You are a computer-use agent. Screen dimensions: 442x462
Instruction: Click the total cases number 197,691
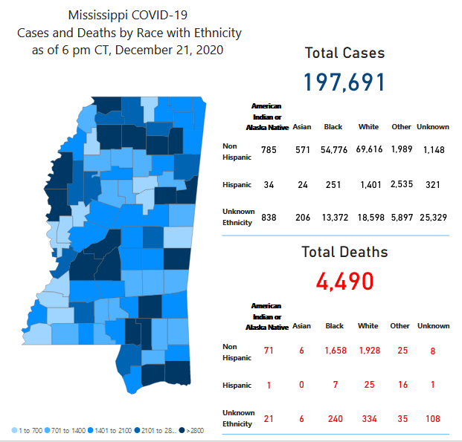coord(344,82)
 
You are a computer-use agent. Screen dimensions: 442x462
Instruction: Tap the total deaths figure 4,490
coord(344,281)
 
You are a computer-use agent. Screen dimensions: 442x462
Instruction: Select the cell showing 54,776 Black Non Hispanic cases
coord(333,150)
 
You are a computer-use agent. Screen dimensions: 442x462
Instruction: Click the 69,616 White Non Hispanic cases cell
coord(369,150)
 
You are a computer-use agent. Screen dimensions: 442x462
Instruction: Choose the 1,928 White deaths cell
coord(369,349)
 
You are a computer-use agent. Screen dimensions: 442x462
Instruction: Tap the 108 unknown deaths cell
coord(432,419)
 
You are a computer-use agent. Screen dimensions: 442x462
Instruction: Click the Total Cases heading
coord(344,53)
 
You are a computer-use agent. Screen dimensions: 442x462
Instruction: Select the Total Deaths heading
coord(344,252)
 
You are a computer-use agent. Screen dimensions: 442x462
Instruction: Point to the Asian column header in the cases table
coord(302,127)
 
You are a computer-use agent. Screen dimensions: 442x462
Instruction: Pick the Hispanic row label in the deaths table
coord(237,385)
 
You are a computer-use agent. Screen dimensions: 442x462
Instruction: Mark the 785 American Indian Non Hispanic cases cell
coord(269,150)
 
